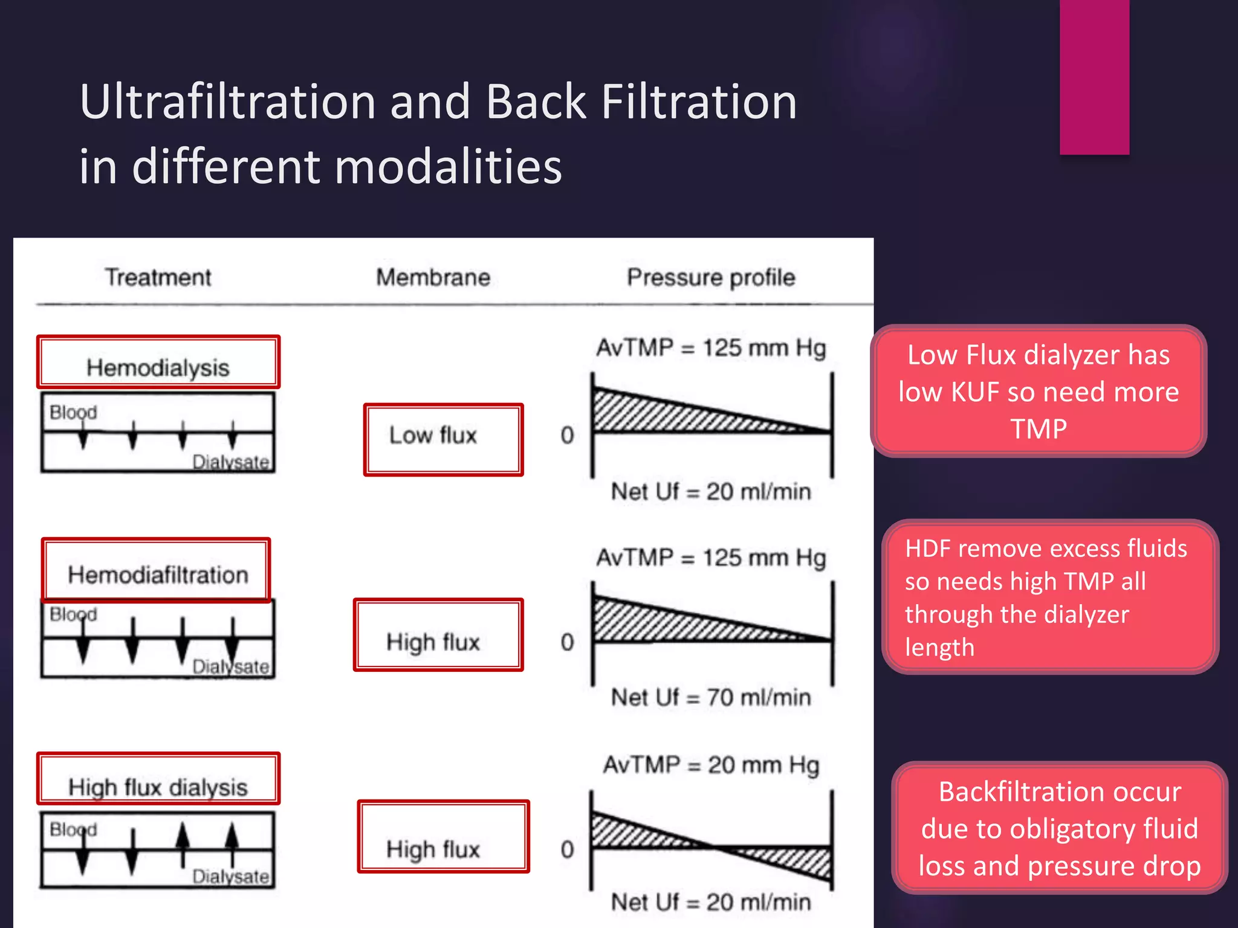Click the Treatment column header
pyautogui.click(x=158, y=277)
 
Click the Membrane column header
pyautogui.click(x=433, y=277)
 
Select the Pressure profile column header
pyautogui.click(x=711, y=277)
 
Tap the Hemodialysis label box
pyautogui.click(x=158, y=362)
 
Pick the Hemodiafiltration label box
pyautogui.click(x=157, y=570)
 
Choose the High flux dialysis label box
pyautogui.click(x=158, y=779)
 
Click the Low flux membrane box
pyautogui.click(x=443, y=440)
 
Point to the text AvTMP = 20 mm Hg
pyautogui.click(x=711, y=765)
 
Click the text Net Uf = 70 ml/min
pyautogui.click(x=711, y=697)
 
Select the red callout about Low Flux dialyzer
pyautogui.click(x=1039, y=391)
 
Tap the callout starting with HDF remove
pyautogui.click(x=1050, y=597)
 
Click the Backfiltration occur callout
pyautogui.click(x=1059, y=828)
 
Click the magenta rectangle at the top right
pyautogui.click(x=1094, y=77)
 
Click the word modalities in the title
pyautogui.click(x=448, y=167)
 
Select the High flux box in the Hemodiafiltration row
pyautogui.click(x=438, y=635)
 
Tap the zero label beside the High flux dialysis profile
pyautogui.click(x=567, y=849)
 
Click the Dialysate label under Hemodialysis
pyautogui.click(x=230, y=462)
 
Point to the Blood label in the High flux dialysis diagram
pyautogui.click(x=73, y=829)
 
